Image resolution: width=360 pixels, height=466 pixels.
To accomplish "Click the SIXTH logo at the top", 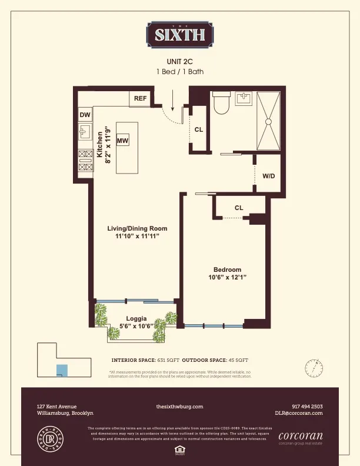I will [x=179, y=34].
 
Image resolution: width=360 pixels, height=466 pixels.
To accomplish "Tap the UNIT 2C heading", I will [x=180, y=61].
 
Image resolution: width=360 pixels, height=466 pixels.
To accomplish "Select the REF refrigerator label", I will [x=140, y=98].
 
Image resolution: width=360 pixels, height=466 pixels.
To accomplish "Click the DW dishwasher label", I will [x=85, y=115].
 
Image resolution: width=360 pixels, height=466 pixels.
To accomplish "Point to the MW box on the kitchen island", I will [x=123, y=141].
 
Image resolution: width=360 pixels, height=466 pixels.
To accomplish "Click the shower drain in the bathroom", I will [x=269, y=121].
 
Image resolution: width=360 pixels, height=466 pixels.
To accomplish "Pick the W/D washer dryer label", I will [x=269, y=176].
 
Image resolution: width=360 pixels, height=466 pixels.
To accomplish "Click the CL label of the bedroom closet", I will [x=239, y=208].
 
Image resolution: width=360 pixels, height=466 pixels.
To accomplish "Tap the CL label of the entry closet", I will [x=199, y=129].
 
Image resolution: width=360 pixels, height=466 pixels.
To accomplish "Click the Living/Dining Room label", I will [x=137, y=228].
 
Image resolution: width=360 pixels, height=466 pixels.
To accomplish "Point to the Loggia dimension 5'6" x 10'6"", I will [x=136, y=326].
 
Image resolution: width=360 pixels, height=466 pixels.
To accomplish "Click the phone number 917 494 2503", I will [x=307, y=407].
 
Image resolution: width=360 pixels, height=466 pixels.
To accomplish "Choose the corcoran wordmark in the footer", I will [x=300, y=436].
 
